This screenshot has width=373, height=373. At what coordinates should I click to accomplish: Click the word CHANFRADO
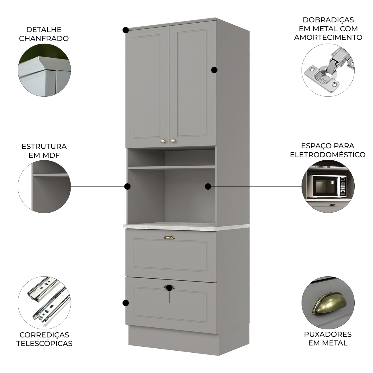point(44,38)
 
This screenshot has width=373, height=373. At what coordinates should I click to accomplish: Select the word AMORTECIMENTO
point(328,37)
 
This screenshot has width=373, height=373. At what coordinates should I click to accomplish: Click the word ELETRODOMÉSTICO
point(328,155)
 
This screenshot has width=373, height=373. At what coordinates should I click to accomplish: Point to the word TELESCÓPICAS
point(44,343)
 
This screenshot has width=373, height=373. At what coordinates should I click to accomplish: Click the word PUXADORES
point(328,334)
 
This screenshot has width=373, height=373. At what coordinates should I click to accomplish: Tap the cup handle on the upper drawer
point(169,237)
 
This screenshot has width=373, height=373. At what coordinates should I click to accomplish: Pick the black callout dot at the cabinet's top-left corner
point(126,30)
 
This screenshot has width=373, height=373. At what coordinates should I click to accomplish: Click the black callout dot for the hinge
point(214,70)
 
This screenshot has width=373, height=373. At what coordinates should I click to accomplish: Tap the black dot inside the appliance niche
point(208,187)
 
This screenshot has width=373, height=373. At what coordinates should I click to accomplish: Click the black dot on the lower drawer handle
point(169,287)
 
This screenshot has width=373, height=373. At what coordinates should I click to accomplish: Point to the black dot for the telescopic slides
point(126,303)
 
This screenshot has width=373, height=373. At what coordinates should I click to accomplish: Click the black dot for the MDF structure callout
point(127,187)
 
